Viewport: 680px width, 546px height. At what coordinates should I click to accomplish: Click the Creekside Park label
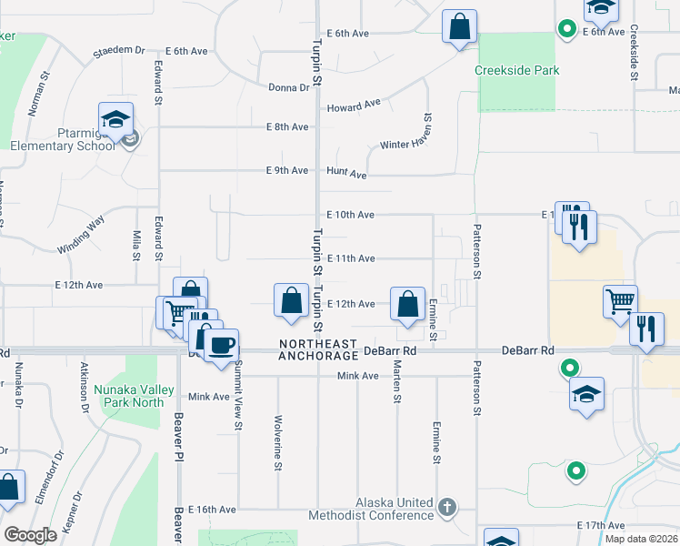(x=516, y=70)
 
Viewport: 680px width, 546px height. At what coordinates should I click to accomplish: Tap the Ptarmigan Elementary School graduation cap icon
(x=116, y=120)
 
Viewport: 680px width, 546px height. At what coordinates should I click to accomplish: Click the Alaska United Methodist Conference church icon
(x=445, y=506)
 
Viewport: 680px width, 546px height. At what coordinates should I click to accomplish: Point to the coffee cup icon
(x=221, y=346)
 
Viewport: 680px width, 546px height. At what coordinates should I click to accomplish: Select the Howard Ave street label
(x=354, y=106)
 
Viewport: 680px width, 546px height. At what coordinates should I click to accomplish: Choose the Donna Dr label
(x=289, y=87)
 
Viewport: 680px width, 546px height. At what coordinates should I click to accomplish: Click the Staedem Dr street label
(x=118, y=51)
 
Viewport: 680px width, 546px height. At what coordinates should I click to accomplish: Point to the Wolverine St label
(x=278, y=443)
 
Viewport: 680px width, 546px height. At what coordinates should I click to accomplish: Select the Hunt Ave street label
(x=345, y=174)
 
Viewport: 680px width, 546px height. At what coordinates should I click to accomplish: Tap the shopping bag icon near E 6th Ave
(x=460, y=27)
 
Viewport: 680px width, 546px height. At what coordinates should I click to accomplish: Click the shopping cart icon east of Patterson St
(x=620, y=301)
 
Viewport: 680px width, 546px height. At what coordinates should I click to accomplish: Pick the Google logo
(x=30, y=535)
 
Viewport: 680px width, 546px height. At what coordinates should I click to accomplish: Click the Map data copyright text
(x=642, y=539)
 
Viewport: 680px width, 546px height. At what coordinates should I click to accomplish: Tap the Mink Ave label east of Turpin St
(x=357, y=376)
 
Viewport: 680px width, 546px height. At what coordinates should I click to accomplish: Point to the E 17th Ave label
(x=600, y=526)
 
